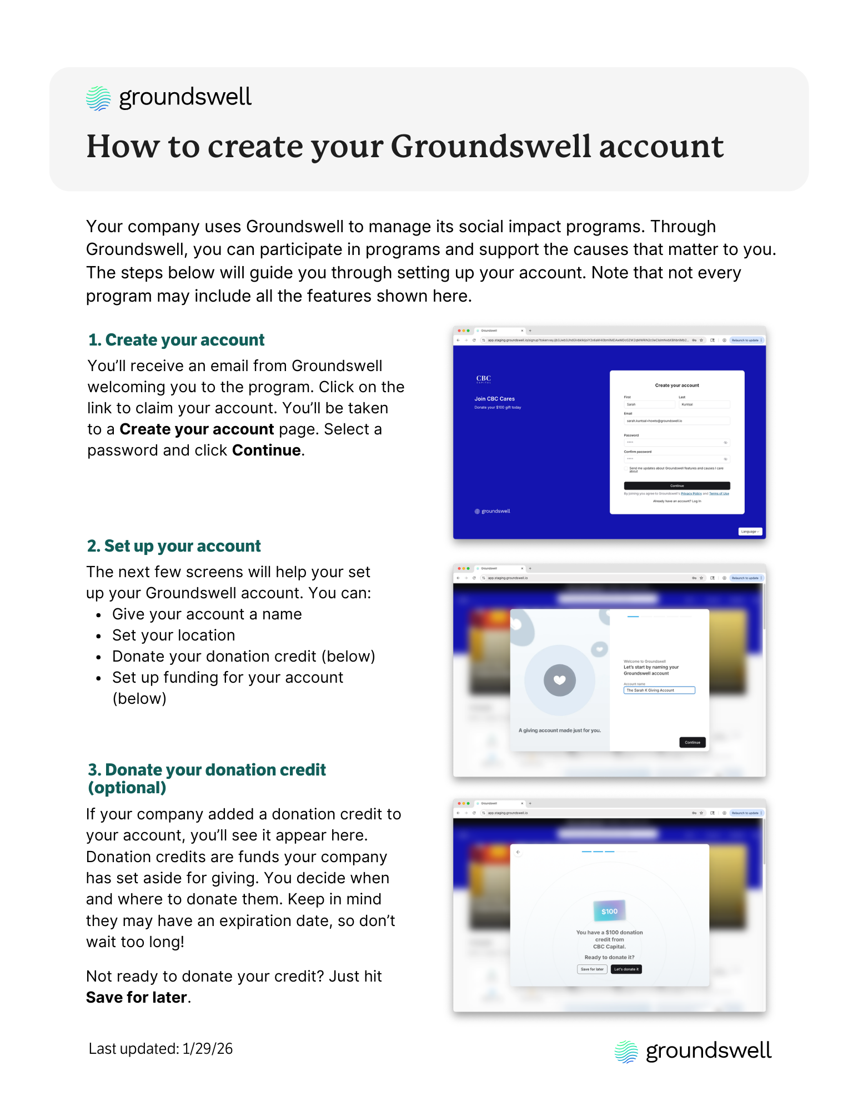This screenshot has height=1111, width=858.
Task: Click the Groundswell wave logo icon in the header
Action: (98, 98)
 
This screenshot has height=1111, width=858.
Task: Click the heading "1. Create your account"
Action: (176, 340)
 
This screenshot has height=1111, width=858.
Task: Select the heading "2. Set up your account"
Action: (174, 546)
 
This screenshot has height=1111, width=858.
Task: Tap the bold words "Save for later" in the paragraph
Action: (137, 998)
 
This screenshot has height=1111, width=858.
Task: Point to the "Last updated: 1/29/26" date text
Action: (160, 1049)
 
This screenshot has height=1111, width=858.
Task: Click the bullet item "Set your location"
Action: (173, 635)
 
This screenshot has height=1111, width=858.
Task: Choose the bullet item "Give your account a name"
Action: (207, 614)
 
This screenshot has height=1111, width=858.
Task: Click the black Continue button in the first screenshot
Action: (676, 486)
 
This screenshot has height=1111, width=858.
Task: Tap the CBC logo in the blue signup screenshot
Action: (484, 379)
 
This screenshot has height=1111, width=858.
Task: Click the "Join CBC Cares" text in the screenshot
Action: (494, 399)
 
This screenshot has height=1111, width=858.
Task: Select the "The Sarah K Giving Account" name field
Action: (659, 690)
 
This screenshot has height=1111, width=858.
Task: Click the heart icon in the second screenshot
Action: (559, 680)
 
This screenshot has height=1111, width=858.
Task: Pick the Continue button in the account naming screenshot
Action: (692, 742)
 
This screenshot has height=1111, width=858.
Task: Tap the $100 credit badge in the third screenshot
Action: (609, 911)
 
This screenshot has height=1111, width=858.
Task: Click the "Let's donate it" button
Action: (626, 969)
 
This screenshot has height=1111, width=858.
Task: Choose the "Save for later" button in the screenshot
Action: (591, 969)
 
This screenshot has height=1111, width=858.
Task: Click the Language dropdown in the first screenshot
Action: (750, 532)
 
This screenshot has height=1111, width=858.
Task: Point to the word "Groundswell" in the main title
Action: (491, 147)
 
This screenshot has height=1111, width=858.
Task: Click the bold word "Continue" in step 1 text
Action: (267, 451)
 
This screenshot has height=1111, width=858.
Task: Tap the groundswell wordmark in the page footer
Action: (708, 1051)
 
